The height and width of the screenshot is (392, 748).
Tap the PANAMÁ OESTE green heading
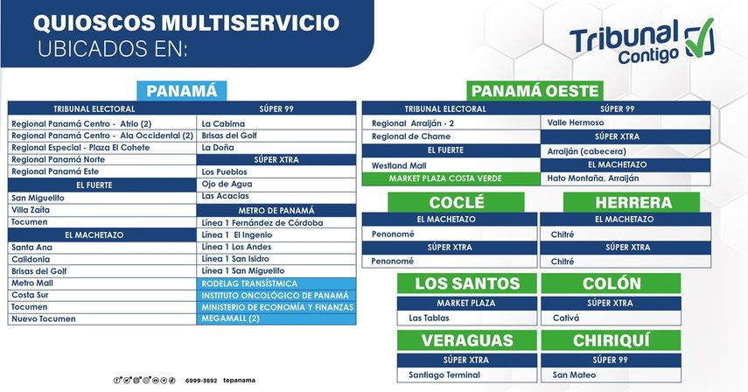(535, 91)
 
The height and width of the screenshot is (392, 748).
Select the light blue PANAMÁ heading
(181, 91)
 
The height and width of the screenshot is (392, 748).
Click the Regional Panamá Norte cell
(102, 159)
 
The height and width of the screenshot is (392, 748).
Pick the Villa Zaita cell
(102, 210)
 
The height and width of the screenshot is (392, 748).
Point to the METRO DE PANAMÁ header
(276, 210)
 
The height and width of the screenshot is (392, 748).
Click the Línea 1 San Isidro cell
(276, 258)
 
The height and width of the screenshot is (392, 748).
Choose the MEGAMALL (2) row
(276, 318)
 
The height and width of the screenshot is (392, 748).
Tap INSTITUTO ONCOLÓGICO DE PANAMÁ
(276, 295)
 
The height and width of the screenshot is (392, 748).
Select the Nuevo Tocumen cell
(102, 318)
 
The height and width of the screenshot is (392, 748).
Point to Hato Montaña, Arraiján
(626, 178)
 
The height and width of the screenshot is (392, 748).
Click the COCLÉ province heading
(456, 202)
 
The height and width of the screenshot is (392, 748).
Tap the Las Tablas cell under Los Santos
(466, 318)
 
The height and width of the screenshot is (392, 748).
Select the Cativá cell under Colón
(611, 318)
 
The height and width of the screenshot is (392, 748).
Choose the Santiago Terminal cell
(466, 374)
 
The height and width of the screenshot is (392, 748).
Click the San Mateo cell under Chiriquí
(611, 374)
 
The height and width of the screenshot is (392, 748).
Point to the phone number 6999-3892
(201, 381)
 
